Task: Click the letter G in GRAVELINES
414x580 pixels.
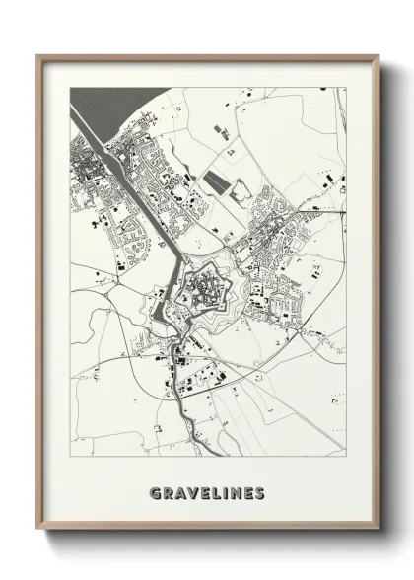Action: [x=155, y=490]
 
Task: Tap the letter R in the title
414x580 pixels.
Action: [x=167, y=490]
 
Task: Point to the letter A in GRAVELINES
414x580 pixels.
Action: [x=178, y=490]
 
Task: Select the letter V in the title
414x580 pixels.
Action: [x=190, y=490]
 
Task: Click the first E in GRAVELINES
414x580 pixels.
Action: [x=202, y=490]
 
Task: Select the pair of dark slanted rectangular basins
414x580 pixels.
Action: [x=216, y=183]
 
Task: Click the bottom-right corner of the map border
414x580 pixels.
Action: [x=346, y=456]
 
